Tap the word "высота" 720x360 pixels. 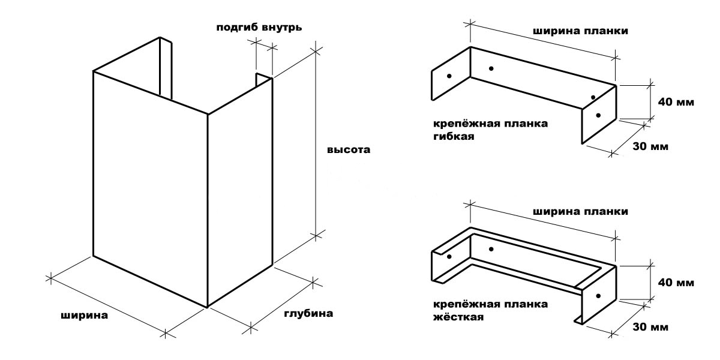pyautogui.click(x=349, y=150)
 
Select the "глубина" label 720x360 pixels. pyautogui.click(x=307, y=313)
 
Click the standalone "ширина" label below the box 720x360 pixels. pyautogui.click(x=84, y=315)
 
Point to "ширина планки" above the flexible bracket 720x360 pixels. pyautogui.click(x=581, y=31)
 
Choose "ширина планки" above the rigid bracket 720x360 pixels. pyautogui.click(x=581, y=212)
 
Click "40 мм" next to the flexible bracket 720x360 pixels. pyautogui.click(x=676, y=102)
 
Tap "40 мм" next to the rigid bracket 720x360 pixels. pyautogui.click(x=676, y=282)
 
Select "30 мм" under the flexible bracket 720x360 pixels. pyautogui.click(x=650, y=147)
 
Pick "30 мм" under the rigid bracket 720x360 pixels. pyautogui.click(x=650, y=328)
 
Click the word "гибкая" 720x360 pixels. pyautogui.click(x=454, y=137)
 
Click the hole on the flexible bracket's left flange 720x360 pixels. pyautogui.click(x=449, y=76)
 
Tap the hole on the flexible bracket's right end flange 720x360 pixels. pyautogui.click(x=598, y=115)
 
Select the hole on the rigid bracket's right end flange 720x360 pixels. pyautogui.click(x=598, y=295)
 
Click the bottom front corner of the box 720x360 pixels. pyautogui.click(x=207, y=307)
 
